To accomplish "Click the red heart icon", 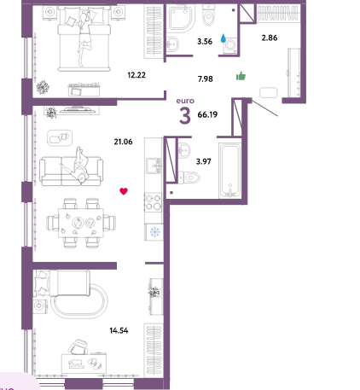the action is click(124, 191).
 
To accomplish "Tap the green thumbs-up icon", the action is click(241, 76).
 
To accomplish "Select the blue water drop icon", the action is click(224, 38).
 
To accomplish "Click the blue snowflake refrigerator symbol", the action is click(154, 231).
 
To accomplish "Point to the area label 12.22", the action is click(136, 75).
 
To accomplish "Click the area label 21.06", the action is click(123, 142).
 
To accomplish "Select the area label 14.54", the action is click(119, 330).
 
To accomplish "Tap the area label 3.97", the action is click(204, 161).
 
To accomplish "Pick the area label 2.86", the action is click(270, 38).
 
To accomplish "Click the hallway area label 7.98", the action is click(206, 79).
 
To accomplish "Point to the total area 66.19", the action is click(207, 114).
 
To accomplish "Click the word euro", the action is click(185, 101).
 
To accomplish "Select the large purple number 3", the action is click(185, 116).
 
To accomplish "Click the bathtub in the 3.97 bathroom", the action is click(230, 171).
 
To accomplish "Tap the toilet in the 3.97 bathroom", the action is click(189, 178).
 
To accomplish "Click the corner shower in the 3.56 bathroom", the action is click(182, 19).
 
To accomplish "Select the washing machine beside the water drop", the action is click(230, 45).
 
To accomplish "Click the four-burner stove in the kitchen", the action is click(153, 202).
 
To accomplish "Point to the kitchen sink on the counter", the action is click(154, 166).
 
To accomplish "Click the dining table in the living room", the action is click(81, 223).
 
